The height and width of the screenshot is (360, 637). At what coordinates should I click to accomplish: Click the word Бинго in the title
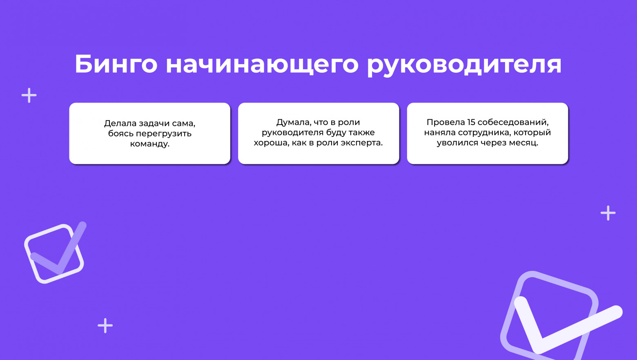tap(116, 64)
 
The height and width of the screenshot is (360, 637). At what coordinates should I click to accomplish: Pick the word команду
tap(149, 144)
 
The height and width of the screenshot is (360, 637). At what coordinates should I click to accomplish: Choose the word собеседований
tap(513, 122)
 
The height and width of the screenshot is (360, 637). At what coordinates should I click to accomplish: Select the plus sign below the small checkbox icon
tap(105, 326)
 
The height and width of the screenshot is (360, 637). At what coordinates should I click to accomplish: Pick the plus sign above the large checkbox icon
tap(608, 213)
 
